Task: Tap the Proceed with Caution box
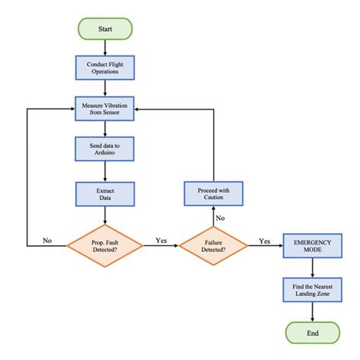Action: [213, 193]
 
